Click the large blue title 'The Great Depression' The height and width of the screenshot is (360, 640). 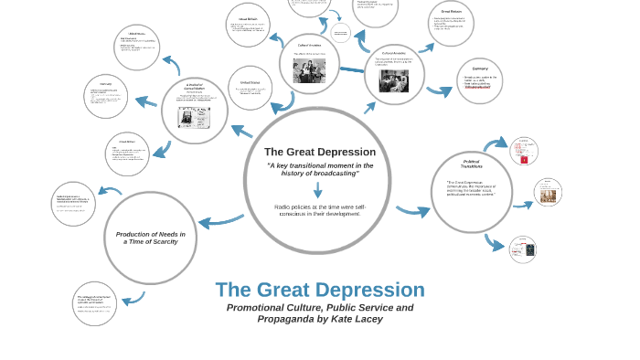coord(320,290)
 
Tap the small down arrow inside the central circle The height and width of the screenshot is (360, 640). coord(317,190)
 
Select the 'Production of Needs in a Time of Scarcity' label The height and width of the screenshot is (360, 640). coord(150,238)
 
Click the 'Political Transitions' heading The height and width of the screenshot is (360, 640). coord(472,164)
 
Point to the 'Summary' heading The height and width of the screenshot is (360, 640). coord(480,69)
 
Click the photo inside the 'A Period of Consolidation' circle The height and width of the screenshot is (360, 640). coord(195,117)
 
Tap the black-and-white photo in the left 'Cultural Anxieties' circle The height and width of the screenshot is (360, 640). coord(309,70)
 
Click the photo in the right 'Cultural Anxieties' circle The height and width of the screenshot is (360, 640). coord(394,80)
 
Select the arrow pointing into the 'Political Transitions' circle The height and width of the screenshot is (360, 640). coord(412,211)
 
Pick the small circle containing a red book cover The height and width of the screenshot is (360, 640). coord(524,150)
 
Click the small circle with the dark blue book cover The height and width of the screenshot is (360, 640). coord(523,249)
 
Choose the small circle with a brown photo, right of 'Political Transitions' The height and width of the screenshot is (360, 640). coord(548,193)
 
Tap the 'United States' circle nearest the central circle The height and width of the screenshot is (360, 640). coord(250,88)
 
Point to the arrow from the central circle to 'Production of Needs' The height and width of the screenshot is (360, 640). coord(220,220)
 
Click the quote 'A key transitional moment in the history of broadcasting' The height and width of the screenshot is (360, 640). coord(320,169)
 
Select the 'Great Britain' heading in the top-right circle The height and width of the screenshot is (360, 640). coord(451,12)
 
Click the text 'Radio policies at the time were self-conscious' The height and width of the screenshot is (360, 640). coord(319,209)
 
